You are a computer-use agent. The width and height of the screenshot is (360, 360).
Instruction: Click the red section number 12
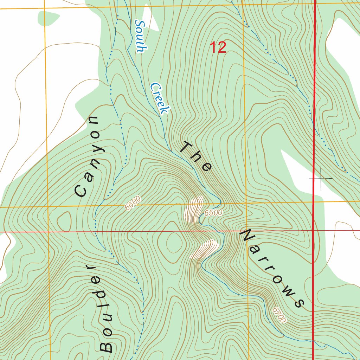pos(218,47)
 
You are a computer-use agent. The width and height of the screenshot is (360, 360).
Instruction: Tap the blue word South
pos(140,36)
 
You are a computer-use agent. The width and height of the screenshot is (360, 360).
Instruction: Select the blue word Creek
pos(159,98)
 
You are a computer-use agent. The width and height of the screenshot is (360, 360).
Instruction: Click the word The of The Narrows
pos(195,157)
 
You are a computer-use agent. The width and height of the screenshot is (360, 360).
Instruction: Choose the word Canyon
pos(90,156)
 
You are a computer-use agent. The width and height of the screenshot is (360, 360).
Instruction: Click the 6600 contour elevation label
pos(133,203)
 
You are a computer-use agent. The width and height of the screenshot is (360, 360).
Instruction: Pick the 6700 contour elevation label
pos(279,315)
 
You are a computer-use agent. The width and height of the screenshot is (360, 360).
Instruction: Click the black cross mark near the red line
pos(321,179)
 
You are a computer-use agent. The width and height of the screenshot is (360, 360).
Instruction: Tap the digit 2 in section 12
pos(222,47)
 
